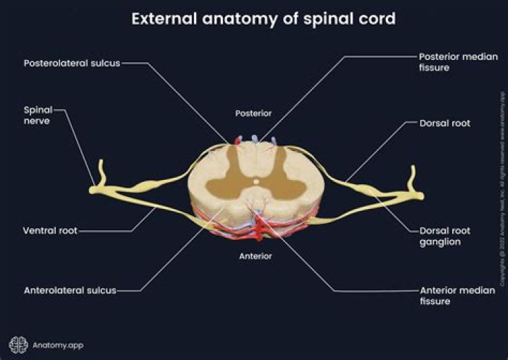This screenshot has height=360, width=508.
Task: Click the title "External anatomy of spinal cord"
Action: [x=263, y=18]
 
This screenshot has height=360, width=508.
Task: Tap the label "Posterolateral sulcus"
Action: [x=72, y=62]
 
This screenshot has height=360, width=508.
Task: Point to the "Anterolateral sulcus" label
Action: [x=70, y=290]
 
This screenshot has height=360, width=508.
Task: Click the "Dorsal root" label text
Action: [x=445, y=123]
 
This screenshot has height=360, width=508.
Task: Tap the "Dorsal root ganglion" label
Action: [x=445, y=236]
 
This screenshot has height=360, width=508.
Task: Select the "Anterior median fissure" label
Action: [x=449, y=295]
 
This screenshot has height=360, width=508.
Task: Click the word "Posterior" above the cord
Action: [x=253, y=113]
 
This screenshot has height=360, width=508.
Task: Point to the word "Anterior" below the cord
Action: [x=255, y=256]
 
